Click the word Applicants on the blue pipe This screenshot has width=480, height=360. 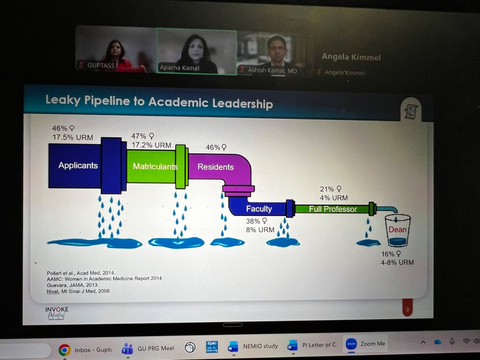coord(78,165)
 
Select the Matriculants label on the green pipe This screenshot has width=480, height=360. coord(154,166)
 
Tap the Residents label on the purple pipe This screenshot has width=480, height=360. coord(215,167)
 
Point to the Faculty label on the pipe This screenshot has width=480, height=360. coord(259,208)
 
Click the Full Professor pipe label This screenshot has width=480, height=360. coord(332,209)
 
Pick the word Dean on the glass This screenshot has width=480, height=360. coord(398,230)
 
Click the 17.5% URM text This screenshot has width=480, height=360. coord(72,138)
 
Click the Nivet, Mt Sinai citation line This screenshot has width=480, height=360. coord(78,291)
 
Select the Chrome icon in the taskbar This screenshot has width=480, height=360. coord(64,350)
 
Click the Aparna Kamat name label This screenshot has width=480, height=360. coord(180,68)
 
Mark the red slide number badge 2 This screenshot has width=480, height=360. coord(407,309)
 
